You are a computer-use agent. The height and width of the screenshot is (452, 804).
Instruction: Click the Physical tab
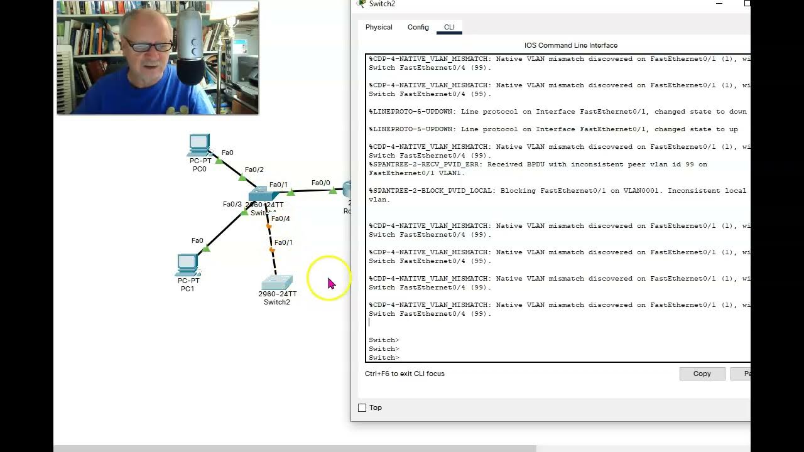click(x=379, y=27)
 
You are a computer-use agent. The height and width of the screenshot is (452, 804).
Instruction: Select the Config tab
click(x=418, y=27)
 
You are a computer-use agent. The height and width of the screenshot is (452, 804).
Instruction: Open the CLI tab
click(x=449, y=27)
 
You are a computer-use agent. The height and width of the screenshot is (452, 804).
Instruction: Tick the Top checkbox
click(x=362, y=408)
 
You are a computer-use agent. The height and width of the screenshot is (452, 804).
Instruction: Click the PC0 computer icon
click(x=199, y=145)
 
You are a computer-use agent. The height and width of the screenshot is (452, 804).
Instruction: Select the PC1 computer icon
click(x=187, y=265)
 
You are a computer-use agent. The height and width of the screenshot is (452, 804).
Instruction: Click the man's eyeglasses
click(x=148, y=45)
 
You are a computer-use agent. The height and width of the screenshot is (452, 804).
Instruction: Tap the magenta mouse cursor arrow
click(x=331, y=283)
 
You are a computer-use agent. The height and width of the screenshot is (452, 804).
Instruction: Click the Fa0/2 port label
click(x=254, y=169)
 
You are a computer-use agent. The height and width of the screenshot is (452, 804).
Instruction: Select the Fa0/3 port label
click(x=232, y=204)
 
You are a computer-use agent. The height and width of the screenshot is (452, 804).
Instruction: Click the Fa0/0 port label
click(x=320, y=183)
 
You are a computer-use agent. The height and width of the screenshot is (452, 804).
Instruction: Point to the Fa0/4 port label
click(x=280, y=218)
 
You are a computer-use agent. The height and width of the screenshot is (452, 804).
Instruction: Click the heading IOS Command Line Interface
click(x=570, y=45)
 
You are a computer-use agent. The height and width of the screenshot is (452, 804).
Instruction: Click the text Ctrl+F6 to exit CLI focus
click(x=405, y=374)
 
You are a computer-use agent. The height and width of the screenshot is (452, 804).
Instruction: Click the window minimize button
click(x=719, y=4)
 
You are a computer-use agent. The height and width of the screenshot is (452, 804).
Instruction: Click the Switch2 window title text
click(x=382, y=4)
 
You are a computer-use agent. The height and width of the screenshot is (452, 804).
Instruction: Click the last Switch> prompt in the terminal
click(x=384, y=358)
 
